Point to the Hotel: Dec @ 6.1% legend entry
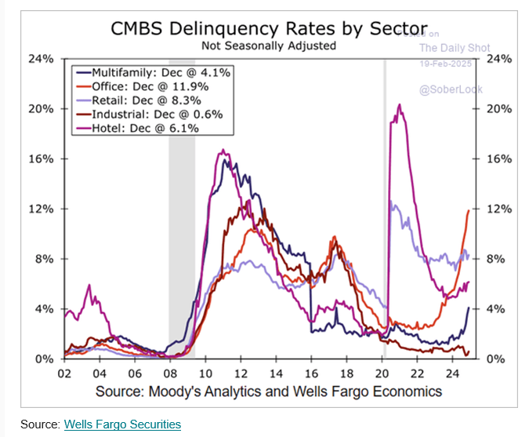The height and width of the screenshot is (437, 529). pyautogui.click(x=138, y=128)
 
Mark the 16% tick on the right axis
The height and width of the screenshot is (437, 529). pyautogui.click(x=498, y=158)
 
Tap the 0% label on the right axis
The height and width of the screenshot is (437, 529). pyautogui.click(x=495, y=359)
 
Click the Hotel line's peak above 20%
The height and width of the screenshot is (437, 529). pyautogui.click(x=400, y=105)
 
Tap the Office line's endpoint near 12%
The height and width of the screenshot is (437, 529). pyautogui.click(x=469, y=210)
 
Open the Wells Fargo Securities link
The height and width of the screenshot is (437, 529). pyautogui.click(x=122, y=424)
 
